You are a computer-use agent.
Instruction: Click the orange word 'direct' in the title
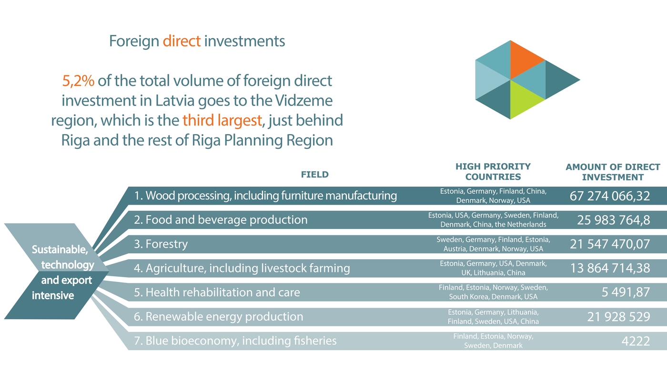(x=182, y=42)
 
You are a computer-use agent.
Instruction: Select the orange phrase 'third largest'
(x=222, y=120)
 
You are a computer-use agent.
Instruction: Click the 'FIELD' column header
(x=314, y=175)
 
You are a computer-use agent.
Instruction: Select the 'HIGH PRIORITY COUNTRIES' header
(x=493, y=172)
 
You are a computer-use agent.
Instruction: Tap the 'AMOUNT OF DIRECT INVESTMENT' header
(x=613, y=172)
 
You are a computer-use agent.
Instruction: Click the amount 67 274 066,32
(x=610, y=196)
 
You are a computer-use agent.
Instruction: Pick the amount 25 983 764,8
(x=613, y=220)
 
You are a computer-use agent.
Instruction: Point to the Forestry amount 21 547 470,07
(x=610, y=244)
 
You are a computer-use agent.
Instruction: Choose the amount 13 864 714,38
(x=610, y=268)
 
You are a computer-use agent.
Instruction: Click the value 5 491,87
(x=626, y=292)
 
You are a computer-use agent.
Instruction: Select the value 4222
(x=636, y=341)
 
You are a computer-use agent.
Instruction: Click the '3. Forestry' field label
(x=161, y=244)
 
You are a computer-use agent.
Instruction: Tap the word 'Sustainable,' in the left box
(x=60, y=250)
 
